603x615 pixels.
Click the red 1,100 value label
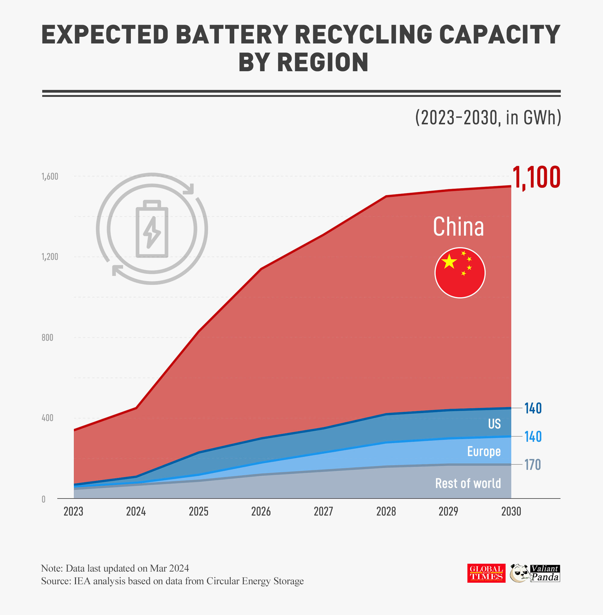(x=536, y=178)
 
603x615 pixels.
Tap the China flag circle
(x=460, y=272)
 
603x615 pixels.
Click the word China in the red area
(x=458, y=227)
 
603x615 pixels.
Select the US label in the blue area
(x=494, y=424)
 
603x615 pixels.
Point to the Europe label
(x=484, y=451)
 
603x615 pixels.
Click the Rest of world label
(x=468, y=483)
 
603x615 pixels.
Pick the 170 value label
(x=533, y=465)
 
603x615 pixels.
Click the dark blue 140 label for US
(x=533, y=408)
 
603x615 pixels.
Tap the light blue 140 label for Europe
(x=533, y=437)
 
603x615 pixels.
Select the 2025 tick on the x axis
(x=199, y=511)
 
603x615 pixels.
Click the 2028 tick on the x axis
(x=386, y=511)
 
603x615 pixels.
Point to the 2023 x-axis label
(x=74, y=511)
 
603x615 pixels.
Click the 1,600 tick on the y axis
(x=50, y=177)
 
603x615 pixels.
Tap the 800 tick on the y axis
(x=48, y=338)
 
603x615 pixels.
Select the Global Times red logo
(x=486, y=573)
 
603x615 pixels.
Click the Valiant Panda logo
(x=535, y=573)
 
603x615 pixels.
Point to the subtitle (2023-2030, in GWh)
(x=488, y=118)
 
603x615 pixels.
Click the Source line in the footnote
(x=172, y=581)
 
